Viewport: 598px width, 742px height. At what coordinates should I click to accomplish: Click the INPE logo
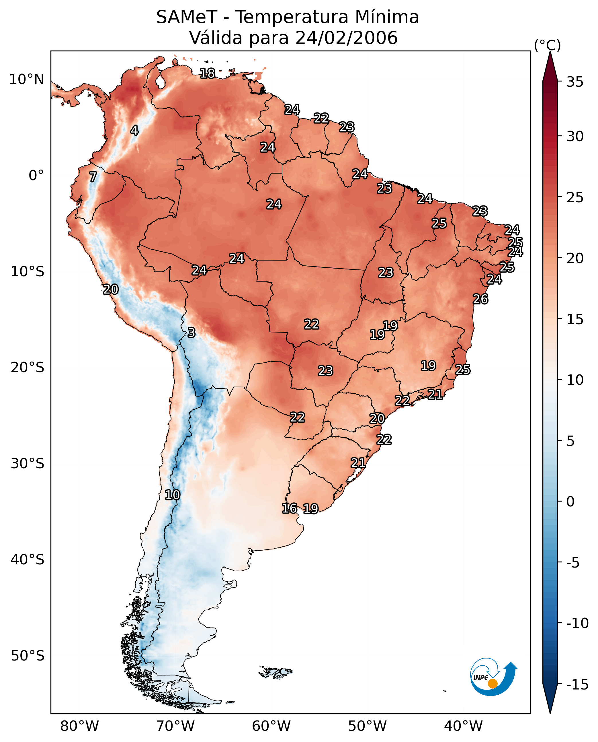click(x=493, y=677)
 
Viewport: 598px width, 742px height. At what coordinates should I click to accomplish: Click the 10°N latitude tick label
click(x=27, y=80)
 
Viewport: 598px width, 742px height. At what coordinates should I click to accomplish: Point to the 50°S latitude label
click(x=28, y=655)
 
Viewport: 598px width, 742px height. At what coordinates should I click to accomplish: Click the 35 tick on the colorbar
click(x=575, y=82)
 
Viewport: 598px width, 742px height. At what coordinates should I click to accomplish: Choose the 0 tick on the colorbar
click(x=570, y=502)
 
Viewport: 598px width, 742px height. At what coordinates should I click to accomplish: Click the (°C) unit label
click(x=547, y=45)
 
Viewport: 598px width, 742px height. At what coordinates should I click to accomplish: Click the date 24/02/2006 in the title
click(x=347, y=38)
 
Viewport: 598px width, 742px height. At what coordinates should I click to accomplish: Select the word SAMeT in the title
click(x=187, y=17)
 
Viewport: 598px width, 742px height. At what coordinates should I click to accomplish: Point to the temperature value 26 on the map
click(x=480, y=299)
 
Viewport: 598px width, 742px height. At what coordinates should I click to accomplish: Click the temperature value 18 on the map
click(x=207, y=73)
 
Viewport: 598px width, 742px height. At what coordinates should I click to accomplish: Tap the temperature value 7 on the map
click(x=93, y=177)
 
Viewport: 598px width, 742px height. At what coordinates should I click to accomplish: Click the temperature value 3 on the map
click(x=191, y=333)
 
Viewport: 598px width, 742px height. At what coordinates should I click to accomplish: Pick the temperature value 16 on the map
click(x=289, y=508)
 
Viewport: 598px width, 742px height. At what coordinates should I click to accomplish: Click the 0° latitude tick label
click(x=36, y=176)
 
